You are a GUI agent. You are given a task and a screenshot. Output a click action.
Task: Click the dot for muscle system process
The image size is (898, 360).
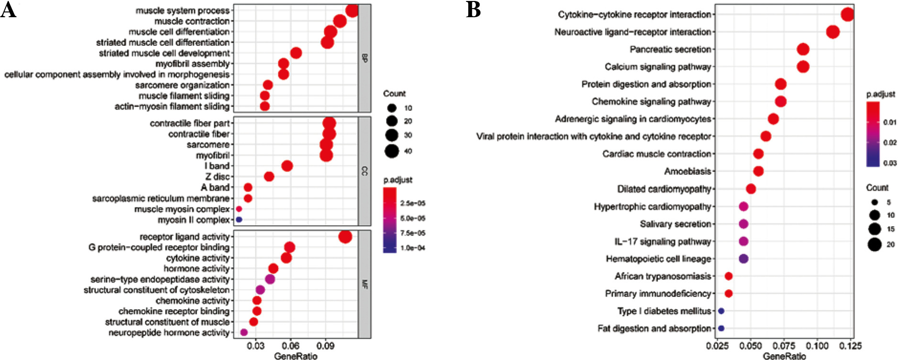click(x=352, y=11)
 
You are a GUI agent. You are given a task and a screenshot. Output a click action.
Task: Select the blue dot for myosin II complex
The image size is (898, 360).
click(x=239, y=219)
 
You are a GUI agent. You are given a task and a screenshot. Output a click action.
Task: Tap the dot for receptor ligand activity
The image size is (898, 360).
click(x=345, y=237)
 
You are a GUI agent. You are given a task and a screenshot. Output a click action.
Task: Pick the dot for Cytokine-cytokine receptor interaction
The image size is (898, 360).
click(x=847, y=15)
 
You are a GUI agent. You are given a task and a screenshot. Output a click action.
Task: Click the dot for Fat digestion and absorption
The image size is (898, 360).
click(x=721, y=328)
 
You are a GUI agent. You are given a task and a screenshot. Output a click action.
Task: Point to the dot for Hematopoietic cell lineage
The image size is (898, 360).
click(x=744, y=259)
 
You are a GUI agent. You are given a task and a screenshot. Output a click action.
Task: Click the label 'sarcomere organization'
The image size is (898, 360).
click(x=182, y=85)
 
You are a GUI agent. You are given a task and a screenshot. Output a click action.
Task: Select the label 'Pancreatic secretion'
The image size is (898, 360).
click(x=670, y=49)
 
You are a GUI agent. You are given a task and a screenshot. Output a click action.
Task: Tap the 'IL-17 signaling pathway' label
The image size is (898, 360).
click(x=663, y=241)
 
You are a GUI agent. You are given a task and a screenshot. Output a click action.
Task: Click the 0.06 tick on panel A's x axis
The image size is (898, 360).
click(x=290, y=346)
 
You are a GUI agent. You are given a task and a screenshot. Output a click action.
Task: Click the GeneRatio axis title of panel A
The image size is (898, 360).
click(x=295, y=356)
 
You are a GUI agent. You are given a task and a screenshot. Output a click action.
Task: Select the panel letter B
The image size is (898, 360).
click(x=473, y=10)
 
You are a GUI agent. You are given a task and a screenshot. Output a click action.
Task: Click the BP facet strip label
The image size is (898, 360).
click(x=364, y=58)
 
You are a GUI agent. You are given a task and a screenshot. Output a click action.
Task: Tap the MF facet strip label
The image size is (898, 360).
click(x=364, y=284)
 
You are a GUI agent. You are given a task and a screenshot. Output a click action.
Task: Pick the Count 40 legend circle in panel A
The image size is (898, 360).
click(x=392, y=151)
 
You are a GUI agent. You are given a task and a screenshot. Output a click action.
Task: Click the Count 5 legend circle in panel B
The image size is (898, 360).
click(x=875, y=202)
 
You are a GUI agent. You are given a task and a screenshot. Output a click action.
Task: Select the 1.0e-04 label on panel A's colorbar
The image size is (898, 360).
click(x=413, y=248)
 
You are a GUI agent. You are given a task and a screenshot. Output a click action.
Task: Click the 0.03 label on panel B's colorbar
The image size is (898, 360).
click(x=890, y=163)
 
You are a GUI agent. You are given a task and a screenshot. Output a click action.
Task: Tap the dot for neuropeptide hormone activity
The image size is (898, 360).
click(x=244, y=332)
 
